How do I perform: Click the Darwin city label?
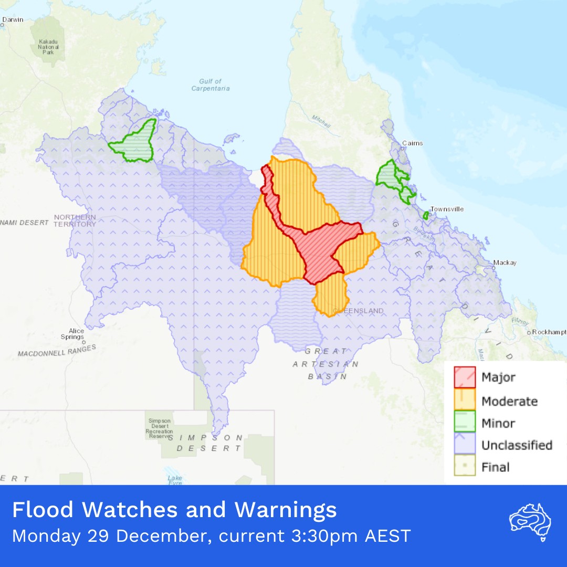point(13,20)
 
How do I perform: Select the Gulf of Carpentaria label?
point(211,85)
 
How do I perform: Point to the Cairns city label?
point(412,143)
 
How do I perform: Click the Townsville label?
point(447,209)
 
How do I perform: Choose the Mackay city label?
point(505,262)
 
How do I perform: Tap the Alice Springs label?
point(76,334)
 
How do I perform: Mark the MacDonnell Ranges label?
point(57,351)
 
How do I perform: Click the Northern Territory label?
point(75,220)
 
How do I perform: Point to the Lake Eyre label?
point(175,481)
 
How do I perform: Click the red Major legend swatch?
point(465,377)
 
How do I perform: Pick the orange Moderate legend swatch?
point(465,400)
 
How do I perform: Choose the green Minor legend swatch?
point(465,423)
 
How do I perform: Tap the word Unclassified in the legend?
point(517,445)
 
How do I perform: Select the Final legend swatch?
point(465,467)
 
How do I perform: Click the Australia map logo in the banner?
point(530,520)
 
